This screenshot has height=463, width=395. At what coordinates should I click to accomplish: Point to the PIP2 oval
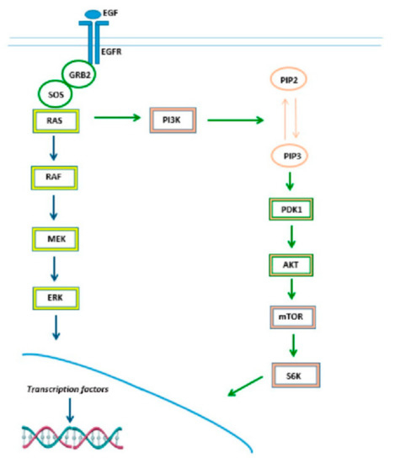tap(291, 81)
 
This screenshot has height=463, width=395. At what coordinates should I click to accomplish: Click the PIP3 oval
tap(291, 155)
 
